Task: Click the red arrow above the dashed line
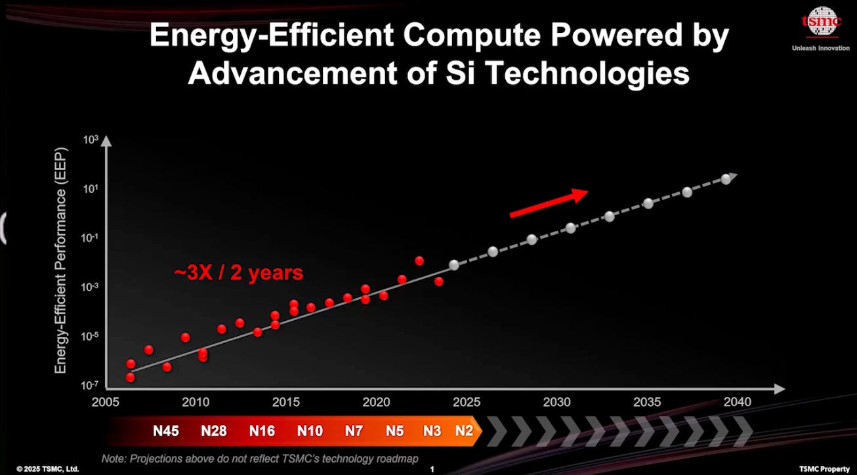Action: pos(549,203)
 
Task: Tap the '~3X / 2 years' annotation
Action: pos(239,272)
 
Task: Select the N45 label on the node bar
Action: pos(167,431)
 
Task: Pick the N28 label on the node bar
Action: pos(213,431)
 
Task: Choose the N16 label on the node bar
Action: pos(262,431)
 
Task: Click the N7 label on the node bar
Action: pos(354,431)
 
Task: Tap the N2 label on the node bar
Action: pos(464,431)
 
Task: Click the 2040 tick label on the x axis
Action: pos(735,402)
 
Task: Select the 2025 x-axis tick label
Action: pos(465,402)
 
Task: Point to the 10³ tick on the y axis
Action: pos(90,140)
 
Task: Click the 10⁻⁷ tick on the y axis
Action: pos(89,386)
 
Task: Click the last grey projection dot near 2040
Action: pos(726,179)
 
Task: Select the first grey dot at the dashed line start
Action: pos(454,265)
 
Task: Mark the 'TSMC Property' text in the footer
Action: pos(824,468)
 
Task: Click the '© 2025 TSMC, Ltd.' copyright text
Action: pos(48,468)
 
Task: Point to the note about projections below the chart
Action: pos(260,458)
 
